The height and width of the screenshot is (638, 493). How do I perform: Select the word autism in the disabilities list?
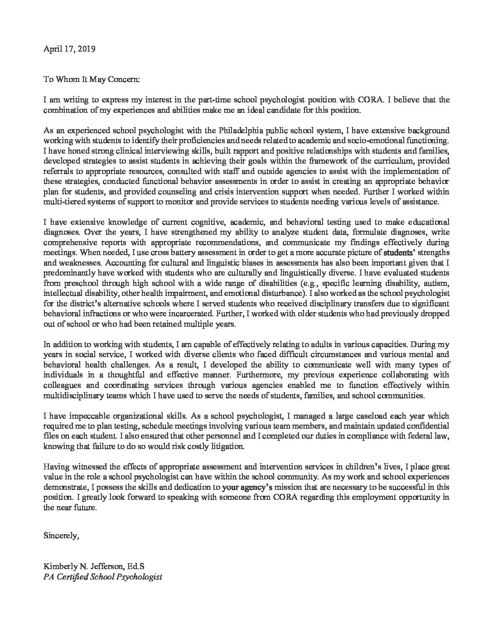click(436, 283)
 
